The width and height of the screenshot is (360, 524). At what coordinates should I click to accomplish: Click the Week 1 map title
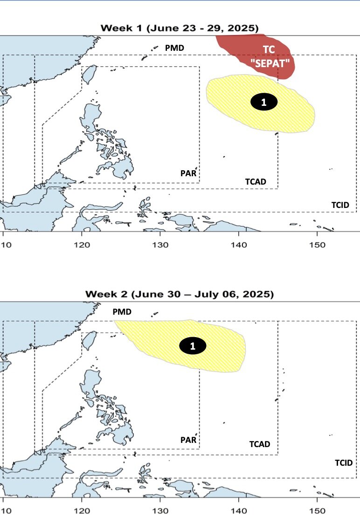(x=180, y=28)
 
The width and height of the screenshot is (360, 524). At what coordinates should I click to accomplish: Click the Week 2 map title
(x=180, y=294)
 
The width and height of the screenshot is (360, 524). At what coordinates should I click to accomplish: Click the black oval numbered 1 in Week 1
(x=264, y=102)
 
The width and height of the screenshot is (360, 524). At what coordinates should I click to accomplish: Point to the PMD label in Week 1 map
(x=174, y=48)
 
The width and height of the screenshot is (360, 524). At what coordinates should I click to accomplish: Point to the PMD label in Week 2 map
(x=122, y=311)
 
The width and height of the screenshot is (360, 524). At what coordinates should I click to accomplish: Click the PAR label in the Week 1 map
(x=188, y=173)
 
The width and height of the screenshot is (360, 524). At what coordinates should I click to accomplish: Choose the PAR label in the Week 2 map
(x=188, y=440)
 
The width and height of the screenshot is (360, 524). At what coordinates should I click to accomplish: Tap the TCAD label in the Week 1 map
(x=256, y=181)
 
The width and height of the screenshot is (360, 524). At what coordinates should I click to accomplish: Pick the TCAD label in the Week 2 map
(x=259, y=444)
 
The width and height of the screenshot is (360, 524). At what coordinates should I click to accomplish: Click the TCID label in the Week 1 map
(x=340, y=205)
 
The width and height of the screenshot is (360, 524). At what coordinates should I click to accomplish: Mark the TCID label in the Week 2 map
(x=344, y=462)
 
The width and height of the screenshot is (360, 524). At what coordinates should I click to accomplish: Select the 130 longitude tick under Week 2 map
(x=160, y=511)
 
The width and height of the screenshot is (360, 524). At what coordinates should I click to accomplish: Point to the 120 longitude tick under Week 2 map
(x=82, y=511)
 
